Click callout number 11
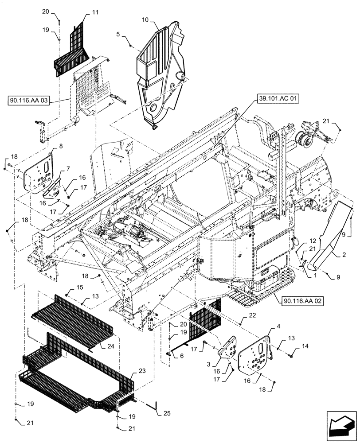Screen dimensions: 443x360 click(x=95, y=14)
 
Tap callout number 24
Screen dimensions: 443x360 click(x=110, y=347)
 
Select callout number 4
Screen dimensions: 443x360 click(x=266, y=326)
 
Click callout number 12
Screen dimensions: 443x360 click(x=300, y=241)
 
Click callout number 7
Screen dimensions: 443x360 click(x=68, y=168)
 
